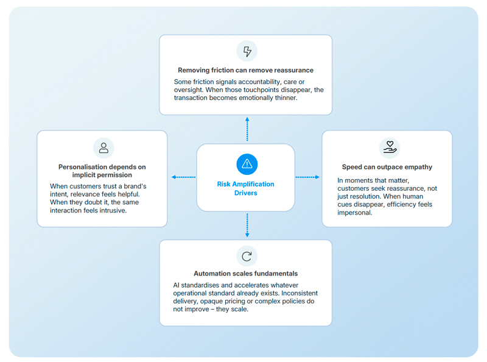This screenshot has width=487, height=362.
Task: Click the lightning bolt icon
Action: tap(247, 51)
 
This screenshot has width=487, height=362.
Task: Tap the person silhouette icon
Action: tap(103, 147)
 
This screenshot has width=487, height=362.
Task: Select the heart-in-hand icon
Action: tap(390, 147)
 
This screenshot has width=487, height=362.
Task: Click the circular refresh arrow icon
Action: tap(247, 256)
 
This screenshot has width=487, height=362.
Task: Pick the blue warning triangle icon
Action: tap(247, 164)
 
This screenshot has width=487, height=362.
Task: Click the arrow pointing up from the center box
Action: tap(247, 129)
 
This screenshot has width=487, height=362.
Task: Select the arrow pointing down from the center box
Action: tap(247, 225)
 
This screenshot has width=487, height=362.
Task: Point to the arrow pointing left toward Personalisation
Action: tap(183, 177)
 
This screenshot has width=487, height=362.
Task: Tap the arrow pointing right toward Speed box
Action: tap(307, 177)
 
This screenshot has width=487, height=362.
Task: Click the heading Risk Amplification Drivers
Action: tap(246, 188)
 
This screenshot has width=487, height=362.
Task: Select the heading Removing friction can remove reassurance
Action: tap(246, 70)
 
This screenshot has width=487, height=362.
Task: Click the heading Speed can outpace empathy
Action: tap(387, 167)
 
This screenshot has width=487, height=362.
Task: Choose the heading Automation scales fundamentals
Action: tap(246, 274)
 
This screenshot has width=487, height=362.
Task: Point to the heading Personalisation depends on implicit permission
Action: tap(102, 171)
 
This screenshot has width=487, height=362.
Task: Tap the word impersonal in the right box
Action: tap(355, 213)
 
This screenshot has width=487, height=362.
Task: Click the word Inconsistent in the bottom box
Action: tap(300, 293)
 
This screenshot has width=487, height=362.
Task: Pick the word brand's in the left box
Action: tap(135, 186)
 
